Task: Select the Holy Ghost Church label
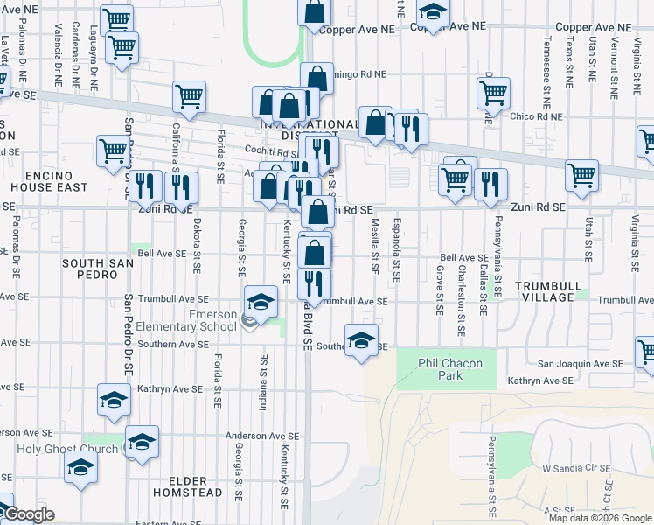coord(45,450)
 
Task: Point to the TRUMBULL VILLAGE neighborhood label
coord(546,292)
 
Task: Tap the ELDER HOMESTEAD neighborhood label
coord(174,486)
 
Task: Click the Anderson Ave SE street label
coord(262,436)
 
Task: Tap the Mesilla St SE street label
coord(374,246)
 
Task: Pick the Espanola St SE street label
coord(396,249)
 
